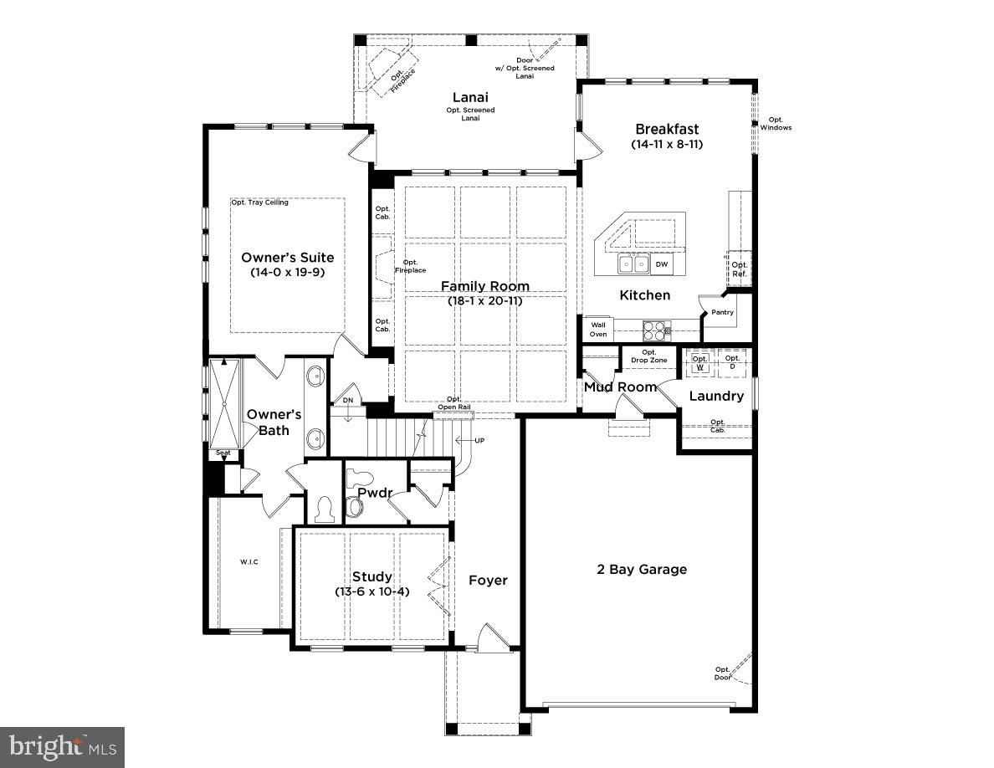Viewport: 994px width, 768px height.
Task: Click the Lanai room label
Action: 470,98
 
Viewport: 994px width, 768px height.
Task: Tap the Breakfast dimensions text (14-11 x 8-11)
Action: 667,144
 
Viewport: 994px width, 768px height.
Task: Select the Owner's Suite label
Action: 288,258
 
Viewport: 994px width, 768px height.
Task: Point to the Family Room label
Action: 485,286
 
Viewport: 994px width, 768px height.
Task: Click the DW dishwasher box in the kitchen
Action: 661,264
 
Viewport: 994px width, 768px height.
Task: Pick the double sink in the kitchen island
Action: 634,264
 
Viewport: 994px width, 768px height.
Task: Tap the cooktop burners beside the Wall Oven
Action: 657,330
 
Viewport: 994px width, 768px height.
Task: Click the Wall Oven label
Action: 598,330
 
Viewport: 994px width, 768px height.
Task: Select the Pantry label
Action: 722,312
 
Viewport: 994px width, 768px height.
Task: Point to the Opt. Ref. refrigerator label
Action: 739,269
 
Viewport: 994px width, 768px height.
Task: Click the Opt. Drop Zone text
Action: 649,356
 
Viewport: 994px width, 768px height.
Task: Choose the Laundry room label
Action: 716,396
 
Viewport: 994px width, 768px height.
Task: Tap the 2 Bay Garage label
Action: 642,569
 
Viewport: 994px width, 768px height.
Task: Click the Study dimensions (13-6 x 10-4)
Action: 372,591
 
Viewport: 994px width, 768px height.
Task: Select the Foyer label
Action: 488,581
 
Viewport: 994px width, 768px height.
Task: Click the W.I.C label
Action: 249,562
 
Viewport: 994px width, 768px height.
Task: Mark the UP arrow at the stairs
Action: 469,440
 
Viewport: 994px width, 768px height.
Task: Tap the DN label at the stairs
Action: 348,401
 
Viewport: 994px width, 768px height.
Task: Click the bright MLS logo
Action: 62,748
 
